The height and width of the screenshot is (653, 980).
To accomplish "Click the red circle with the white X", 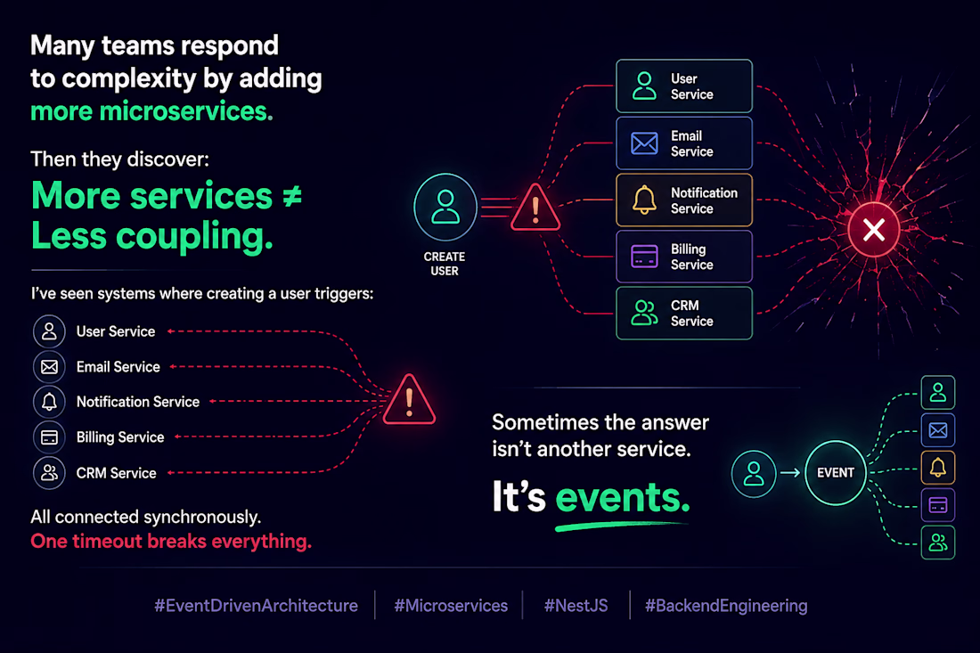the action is click(874, 229).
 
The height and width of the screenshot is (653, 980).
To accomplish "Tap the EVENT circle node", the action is click(836, 472).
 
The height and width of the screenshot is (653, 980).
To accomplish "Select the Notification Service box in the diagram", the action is click(684, 200).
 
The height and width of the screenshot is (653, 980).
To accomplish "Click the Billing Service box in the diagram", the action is click(684, 257).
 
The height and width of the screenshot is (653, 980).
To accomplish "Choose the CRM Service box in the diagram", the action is click(684, 313).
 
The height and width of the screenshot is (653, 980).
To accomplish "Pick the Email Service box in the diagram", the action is click(684, 143).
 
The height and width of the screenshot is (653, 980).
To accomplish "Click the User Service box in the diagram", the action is click(684, 86).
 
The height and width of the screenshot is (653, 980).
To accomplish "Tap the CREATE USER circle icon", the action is click(445, 208).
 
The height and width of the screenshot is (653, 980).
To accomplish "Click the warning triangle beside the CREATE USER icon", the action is click(535, 208).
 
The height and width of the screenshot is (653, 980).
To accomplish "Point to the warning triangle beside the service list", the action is click(410, 400).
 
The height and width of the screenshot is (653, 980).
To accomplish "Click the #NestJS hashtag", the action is click(576, 606).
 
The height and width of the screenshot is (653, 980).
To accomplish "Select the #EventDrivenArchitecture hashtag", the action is click(257, 606).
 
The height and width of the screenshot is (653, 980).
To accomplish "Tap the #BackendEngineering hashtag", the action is click(726, 606).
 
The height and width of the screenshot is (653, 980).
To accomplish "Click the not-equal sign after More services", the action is click(292, 196).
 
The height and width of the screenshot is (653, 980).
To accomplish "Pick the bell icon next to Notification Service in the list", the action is click(49, 402).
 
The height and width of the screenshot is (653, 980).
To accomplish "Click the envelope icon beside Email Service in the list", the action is click(49, 367).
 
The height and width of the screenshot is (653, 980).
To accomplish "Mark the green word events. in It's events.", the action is click(623, 497).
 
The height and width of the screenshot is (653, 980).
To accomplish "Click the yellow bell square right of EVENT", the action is click(938, 468).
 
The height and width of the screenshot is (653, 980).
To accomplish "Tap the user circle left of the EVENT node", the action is click(754, 474).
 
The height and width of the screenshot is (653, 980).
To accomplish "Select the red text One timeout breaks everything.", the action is click(171, 541).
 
